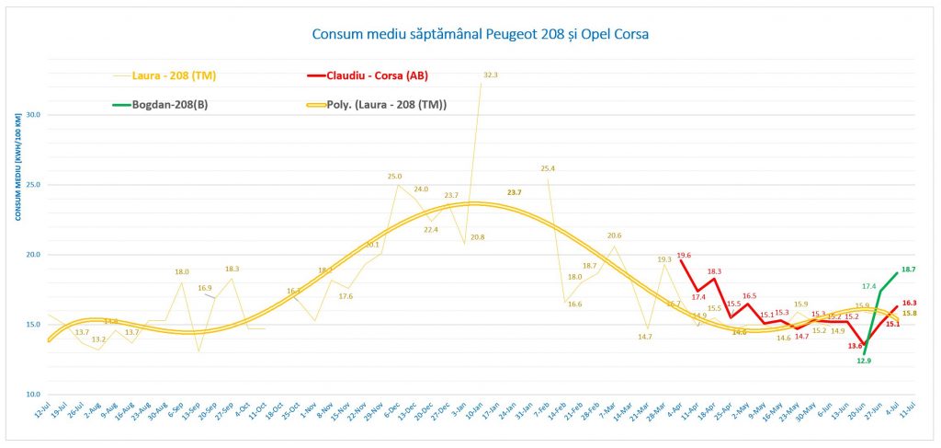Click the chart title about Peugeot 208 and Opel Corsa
[x=486, y=35]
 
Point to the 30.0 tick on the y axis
[x=32, y=115]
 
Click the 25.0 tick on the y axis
[x=32, y=185]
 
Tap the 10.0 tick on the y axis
[x=32, y=394]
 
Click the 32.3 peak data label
[x=490, y=75]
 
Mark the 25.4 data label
[x=548, y=168]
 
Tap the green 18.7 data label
[x=908, y=270]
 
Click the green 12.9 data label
[x=864, y=362]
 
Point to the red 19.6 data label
[x=684, y=256]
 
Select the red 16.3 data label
[x=908, y=303]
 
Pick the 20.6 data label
[x=614, y=235]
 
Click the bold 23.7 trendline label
[x=514, y=192]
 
